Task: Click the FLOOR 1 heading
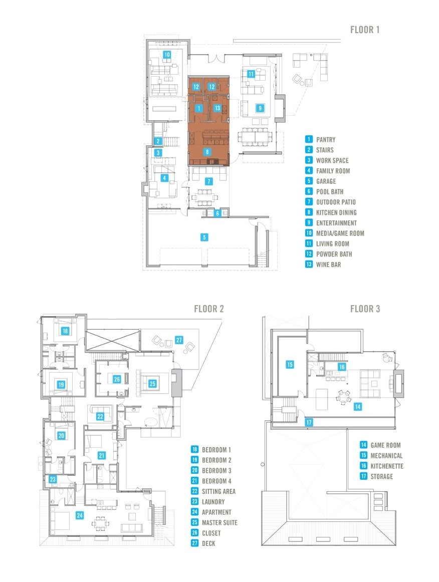pos(365,30)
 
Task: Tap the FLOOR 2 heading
pos(208,309)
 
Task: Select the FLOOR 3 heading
pos(365,309)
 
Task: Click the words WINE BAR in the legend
pos(328,264)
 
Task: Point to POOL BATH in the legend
pos(330,192)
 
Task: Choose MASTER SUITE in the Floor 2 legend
pos(220,522)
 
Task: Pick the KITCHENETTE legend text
pos(387,466)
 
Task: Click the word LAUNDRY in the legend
pos(213,502)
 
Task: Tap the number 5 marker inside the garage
pos(204,237)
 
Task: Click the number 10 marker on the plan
pos(166,54)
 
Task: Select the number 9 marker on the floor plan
pos(260,107)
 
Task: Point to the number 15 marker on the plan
pos(290,365)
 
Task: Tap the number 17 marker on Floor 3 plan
pos(310,422)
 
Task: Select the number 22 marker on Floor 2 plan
pos(100,416)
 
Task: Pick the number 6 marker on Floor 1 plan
pos(217,213)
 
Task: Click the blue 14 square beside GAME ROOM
pos(364,445)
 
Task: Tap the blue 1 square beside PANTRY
pos(309,140)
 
